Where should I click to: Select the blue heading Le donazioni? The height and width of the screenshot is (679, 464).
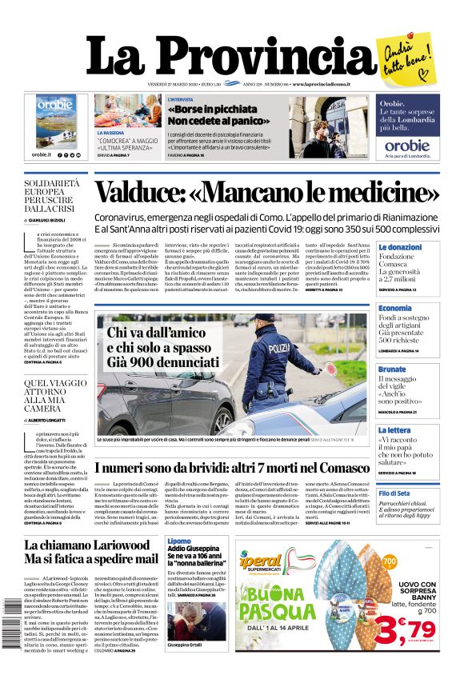pyautogui.click(x=400, y=248)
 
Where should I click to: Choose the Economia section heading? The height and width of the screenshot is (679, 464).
pyautogui.click(x=395, y=308)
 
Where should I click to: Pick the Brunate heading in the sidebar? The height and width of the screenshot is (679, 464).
pyautogui.click(x=392, y=369)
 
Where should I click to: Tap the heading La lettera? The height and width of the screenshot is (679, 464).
pyautogui.click(x=394, y=429)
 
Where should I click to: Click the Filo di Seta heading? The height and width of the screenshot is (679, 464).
pyautogui.click(x=394, y=493)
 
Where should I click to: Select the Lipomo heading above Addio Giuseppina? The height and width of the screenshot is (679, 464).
pyautogui.click(x=179, y=541)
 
